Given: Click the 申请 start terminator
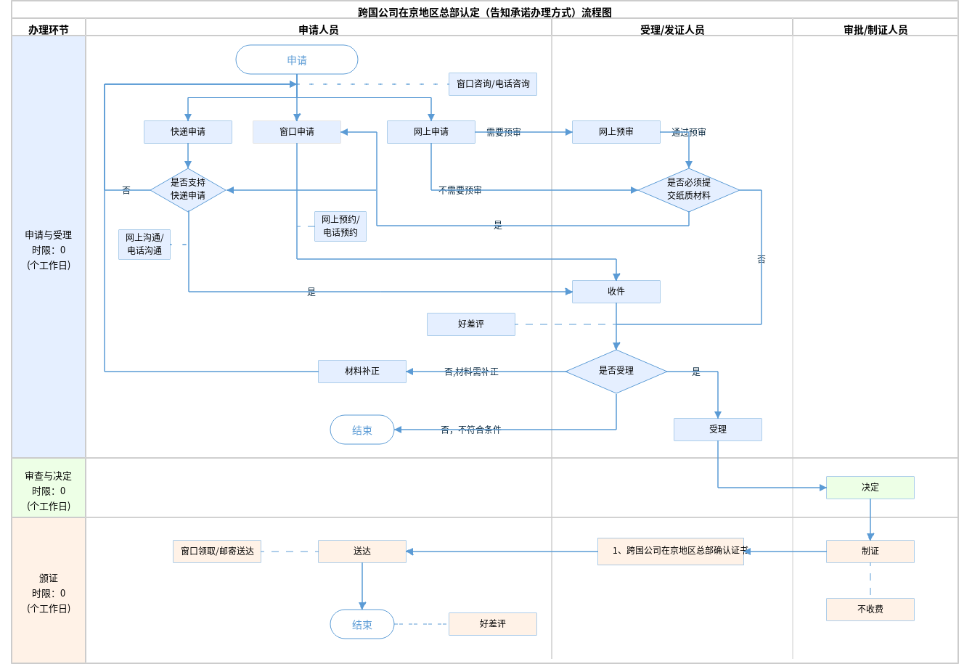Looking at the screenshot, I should pyautogui.click(x=297, y=60).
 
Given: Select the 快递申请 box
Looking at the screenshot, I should pyautogui.click(x=188, y=132).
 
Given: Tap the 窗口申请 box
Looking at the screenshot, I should pyautogui.click(x=297, y=132).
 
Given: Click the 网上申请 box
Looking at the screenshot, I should pyautogui.click(x=431, y=132).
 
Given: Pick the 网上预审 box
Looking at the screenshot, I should pyautogui.click(x=616, y=132).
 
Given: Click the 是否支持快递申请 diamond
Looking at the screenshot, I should pyautogui.click(x=188, y=189).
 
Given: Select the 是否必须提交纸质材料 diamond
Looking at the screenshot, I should pyautogui.click(x=689, y=189).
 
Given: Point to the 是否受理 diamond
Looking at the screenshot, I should pyautogui.click(x=616, y=371).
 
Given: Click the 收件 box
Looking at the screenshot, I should pyautogui.click(x=616, y=292).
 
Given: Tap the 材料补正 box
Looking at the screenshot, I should pyautogui.click(x=362, y=372).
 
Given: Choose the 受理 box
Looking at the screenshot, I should pyautogui.click(x=718, y=430).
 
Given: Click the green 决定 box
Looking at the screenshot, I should pyautogui.click(x=870, y=488).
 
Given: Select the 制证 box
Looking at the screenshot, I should pyautogui.click(x=870, y=552).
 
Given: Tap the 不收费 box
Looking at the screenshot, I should pyautogui.click(x=870, y=610).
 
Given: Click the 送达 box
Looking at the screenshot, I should pyautogui.click(x=362, y=552).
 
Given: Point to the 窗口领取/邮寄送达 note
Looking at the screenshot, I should pyautogui.click(x=217, y=552).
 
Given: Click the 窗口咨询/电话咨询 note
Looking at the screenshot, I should pyautogui.click(x=493, y=84).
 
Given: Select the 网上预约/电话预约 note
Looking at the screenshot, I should pyautogui.click(x=340, y=226).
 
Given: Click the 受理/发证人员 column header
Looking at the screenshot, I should pyautogui.click(x=672, y=30).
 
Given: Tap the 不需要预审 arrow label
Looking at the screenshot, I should pyautogui.click(x=460, y=190).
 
